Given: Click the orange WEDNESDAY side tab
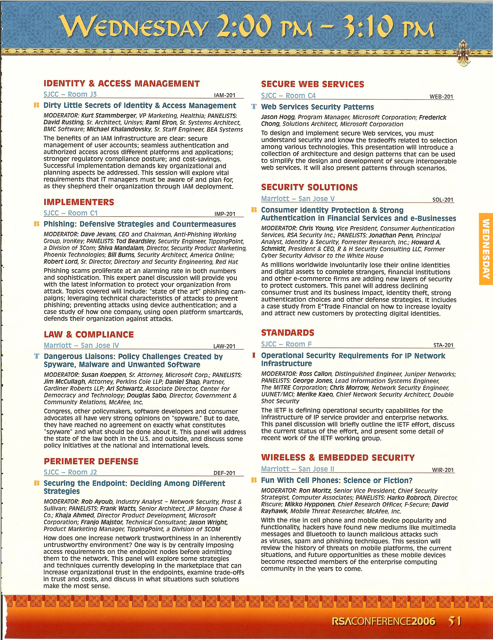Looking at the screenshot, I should [485, 249].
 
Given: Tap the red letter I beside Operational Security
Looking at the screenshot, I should [254, 355].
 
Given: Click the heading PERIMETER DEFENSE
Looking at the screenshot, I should [91, 461].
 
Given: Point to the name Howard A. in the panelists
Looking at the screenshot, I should [426, 242].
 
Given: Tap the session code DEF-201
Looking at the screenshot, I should [224, 473].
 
